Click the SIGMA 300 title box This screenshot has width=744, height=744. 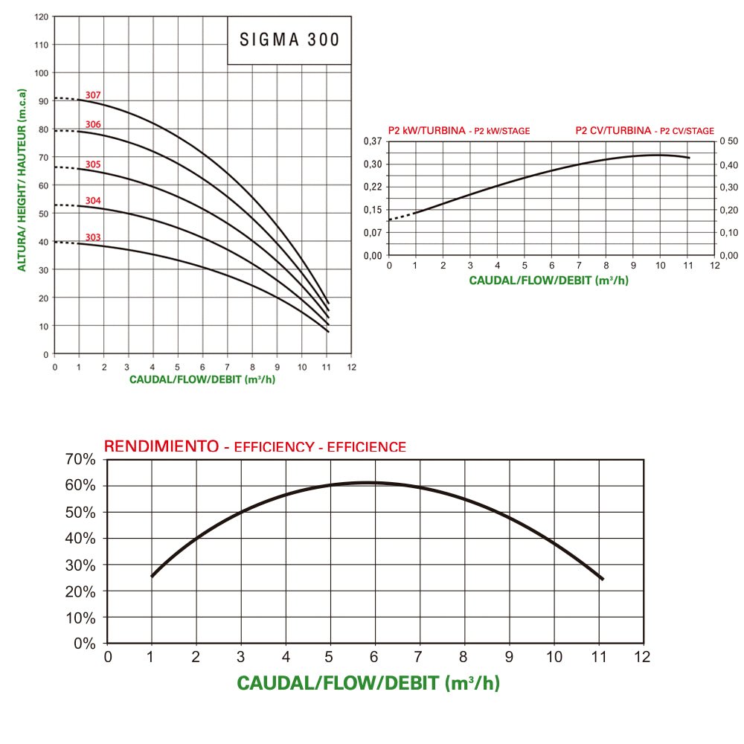coord(289,39)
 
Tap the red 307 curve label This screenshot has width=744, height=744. coord(93,95)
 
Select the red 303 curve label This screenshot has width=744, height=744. coord(93,237)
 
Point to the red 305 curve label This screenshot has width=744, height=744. coord(93,164)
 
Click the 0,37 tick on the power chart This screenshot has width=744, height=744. coord(373,141)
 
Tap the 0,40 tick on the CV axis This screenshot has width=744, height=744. coord(729,164)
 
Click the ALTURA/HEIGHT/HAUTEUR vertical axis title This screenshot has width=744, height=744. coord(22,180)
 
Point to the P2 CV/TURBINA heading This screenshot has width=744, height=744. coord(613,130)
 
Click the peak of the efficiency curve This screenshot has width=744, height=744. coord(368,483)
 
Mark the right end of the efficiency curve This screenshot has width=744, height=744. coord(602,579)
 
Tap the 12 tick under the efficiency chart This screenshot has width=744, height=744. coord(642,656)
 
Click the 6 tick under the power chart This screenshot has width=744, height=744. coord(551,266)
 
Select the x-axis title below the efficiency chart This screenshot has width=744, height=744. coord(368,683)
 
